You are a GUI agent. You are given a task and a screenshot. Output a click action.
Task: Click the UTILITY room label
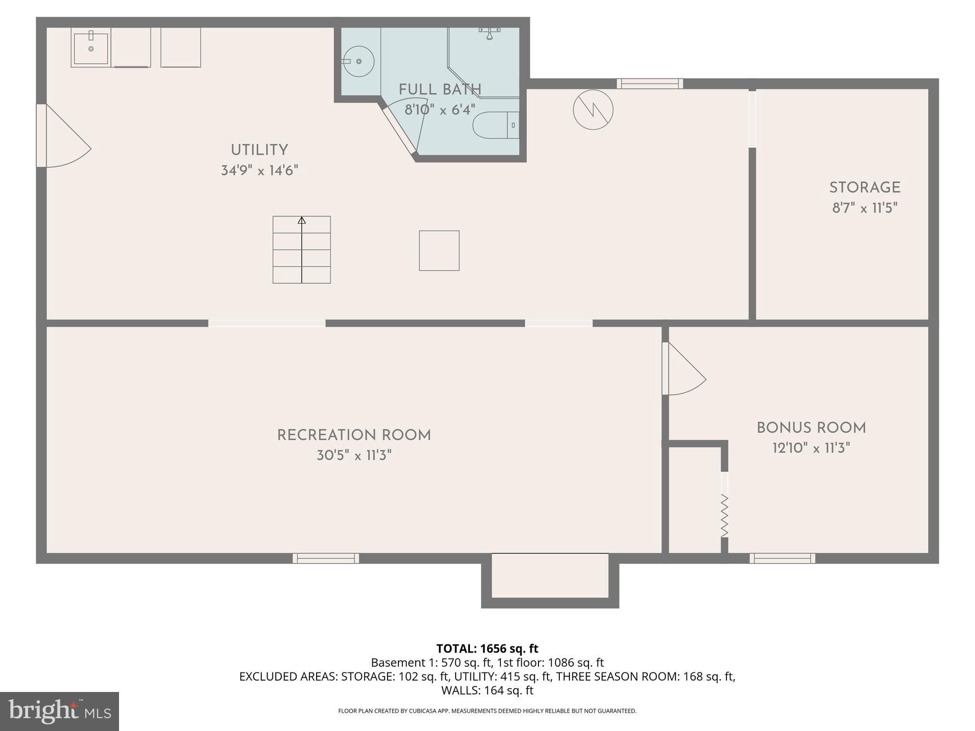(259, 150)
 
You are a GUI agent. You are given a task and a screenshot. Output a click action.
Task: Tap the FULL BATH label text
(440, 89)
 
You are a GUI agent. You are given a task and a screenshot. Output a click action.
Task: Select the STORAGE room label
(865, 188)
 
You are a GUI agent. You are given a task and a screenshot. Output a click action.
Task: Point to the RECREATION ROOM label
(354, 435)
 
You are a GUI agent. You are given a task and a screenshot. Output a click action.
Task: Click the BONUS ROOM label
(811, 428)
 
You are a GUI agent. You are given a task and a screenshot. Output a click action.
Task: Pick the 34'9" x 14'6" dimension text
(259, 170)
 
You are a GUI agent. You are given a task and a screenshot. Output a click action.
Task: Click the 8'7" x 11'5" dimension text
(865, 208)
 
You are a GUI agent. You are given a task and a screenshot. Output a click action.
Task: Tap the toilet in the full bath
(495, 125)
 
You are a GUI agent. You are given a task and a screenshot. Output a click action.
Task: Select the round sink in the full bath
(358, 61)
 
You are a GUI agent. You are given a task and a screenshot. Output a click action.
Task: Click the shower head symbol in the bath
(489, 33)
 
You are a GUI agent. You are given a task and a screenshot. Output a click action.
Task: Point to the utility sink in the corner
(90, 47)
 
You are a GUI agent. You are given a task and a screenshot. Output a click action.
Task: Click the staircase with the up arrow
(301, 250)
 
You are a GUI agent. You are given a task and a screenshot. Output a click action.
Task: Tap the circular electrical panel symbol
(593, 110)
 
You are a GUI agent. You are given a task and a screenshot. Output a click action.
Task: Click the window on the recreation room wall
(326, 558)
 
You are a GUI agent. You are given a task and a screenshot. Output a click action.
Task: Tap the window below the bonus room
(782, 558)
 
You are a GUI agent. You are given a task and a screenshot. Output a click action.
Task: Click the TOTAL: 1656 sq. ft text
(487, 648)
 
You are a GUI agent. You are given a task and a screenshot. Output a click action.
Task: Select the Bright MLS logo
(60, 711)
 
